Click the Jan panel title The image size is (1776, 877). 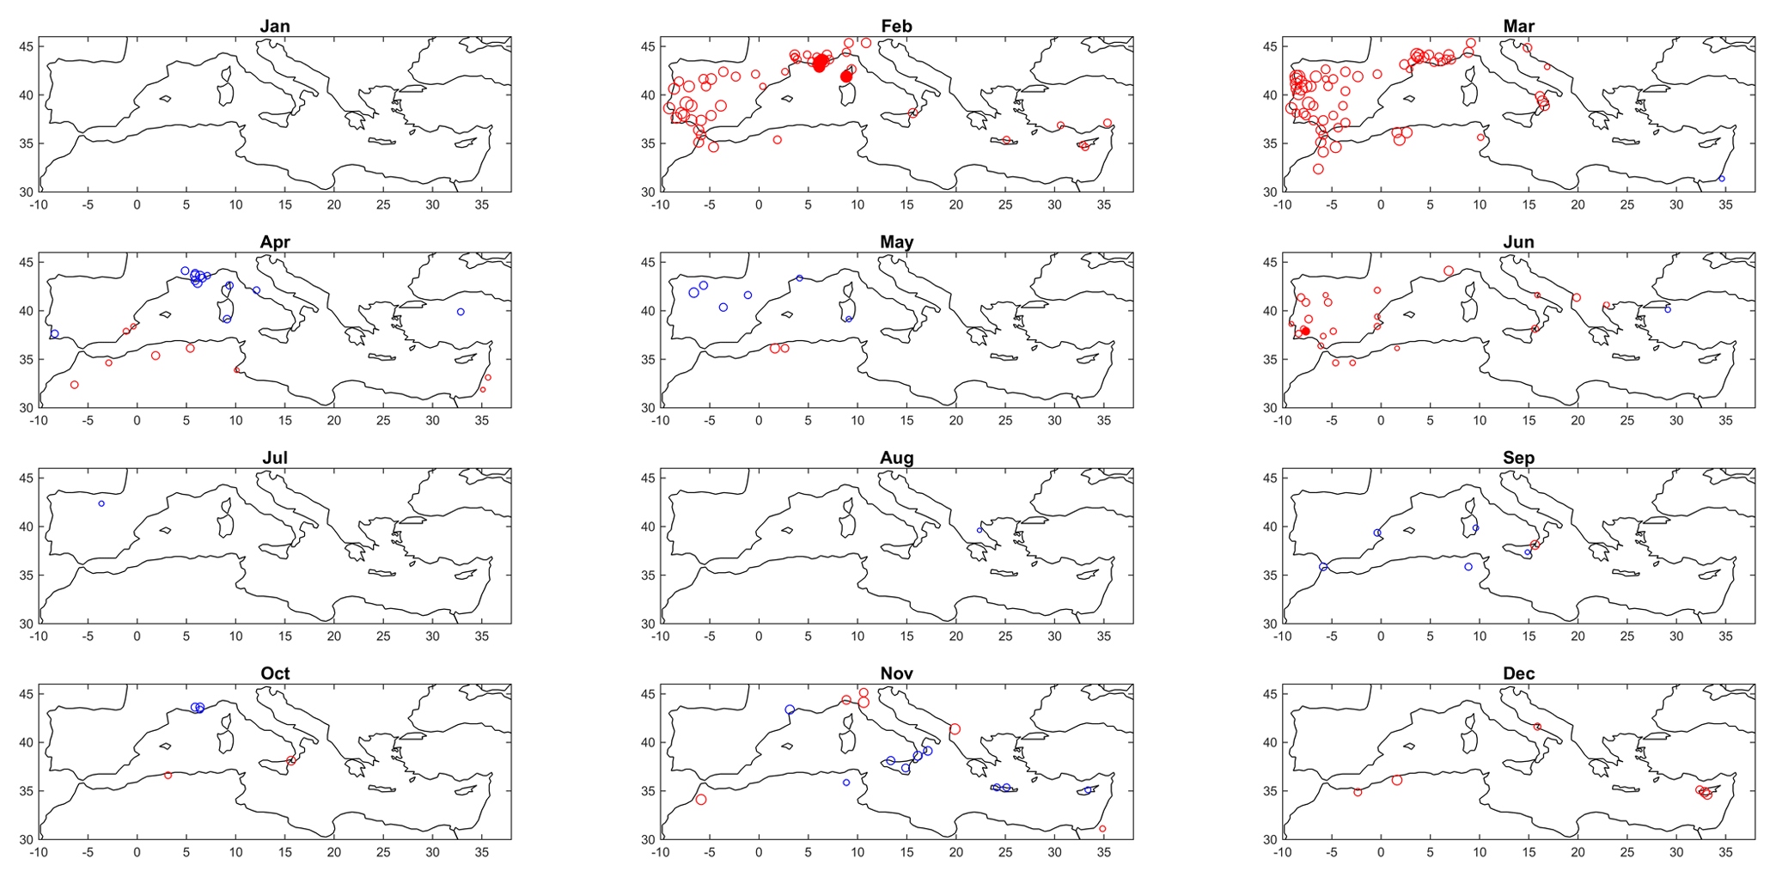tap(275, 26)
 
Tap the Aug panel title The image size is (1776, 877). tap(896, 458)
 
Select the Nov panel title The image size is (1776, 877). tap(896, 673)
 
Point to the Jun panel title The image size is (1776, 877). tap(1518, 242)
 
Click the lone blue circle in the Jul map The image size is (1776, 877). tap(101, 503)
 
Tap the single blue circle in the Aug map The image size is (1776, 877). tap(980, 530)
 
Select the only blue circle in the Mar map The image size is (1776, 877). tap(1722, 179)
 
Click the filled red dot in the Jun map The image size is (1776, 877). tap(1305, 331)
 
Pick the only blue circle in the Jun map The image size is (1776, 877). tap(1668, 309)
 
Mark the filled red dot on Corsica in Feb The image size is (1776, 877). tap(846, 76)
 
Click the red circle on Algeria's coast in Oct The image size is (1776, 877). tap(168, 775)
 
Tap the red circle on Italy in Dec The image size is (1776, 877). tap(1537, 727)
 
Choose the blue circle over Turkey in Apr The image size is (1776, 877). tap(461, 312)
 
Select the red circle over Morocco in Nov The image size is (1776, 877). tap(701, 800)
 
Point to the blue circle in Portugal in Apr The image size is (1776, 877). tap(55, 333)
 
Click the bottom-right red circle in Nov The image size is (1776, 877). tap(1102, 829)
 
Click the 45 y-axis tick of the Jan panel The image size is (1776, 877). tap(26, 46)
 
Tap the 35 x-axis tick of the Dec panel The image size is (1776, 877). tap(1725, 853)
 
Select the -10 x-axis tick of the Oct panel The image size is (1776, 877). tap(39, 853)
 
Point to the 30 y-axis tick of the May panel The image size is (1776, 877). tap(648, 408)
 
